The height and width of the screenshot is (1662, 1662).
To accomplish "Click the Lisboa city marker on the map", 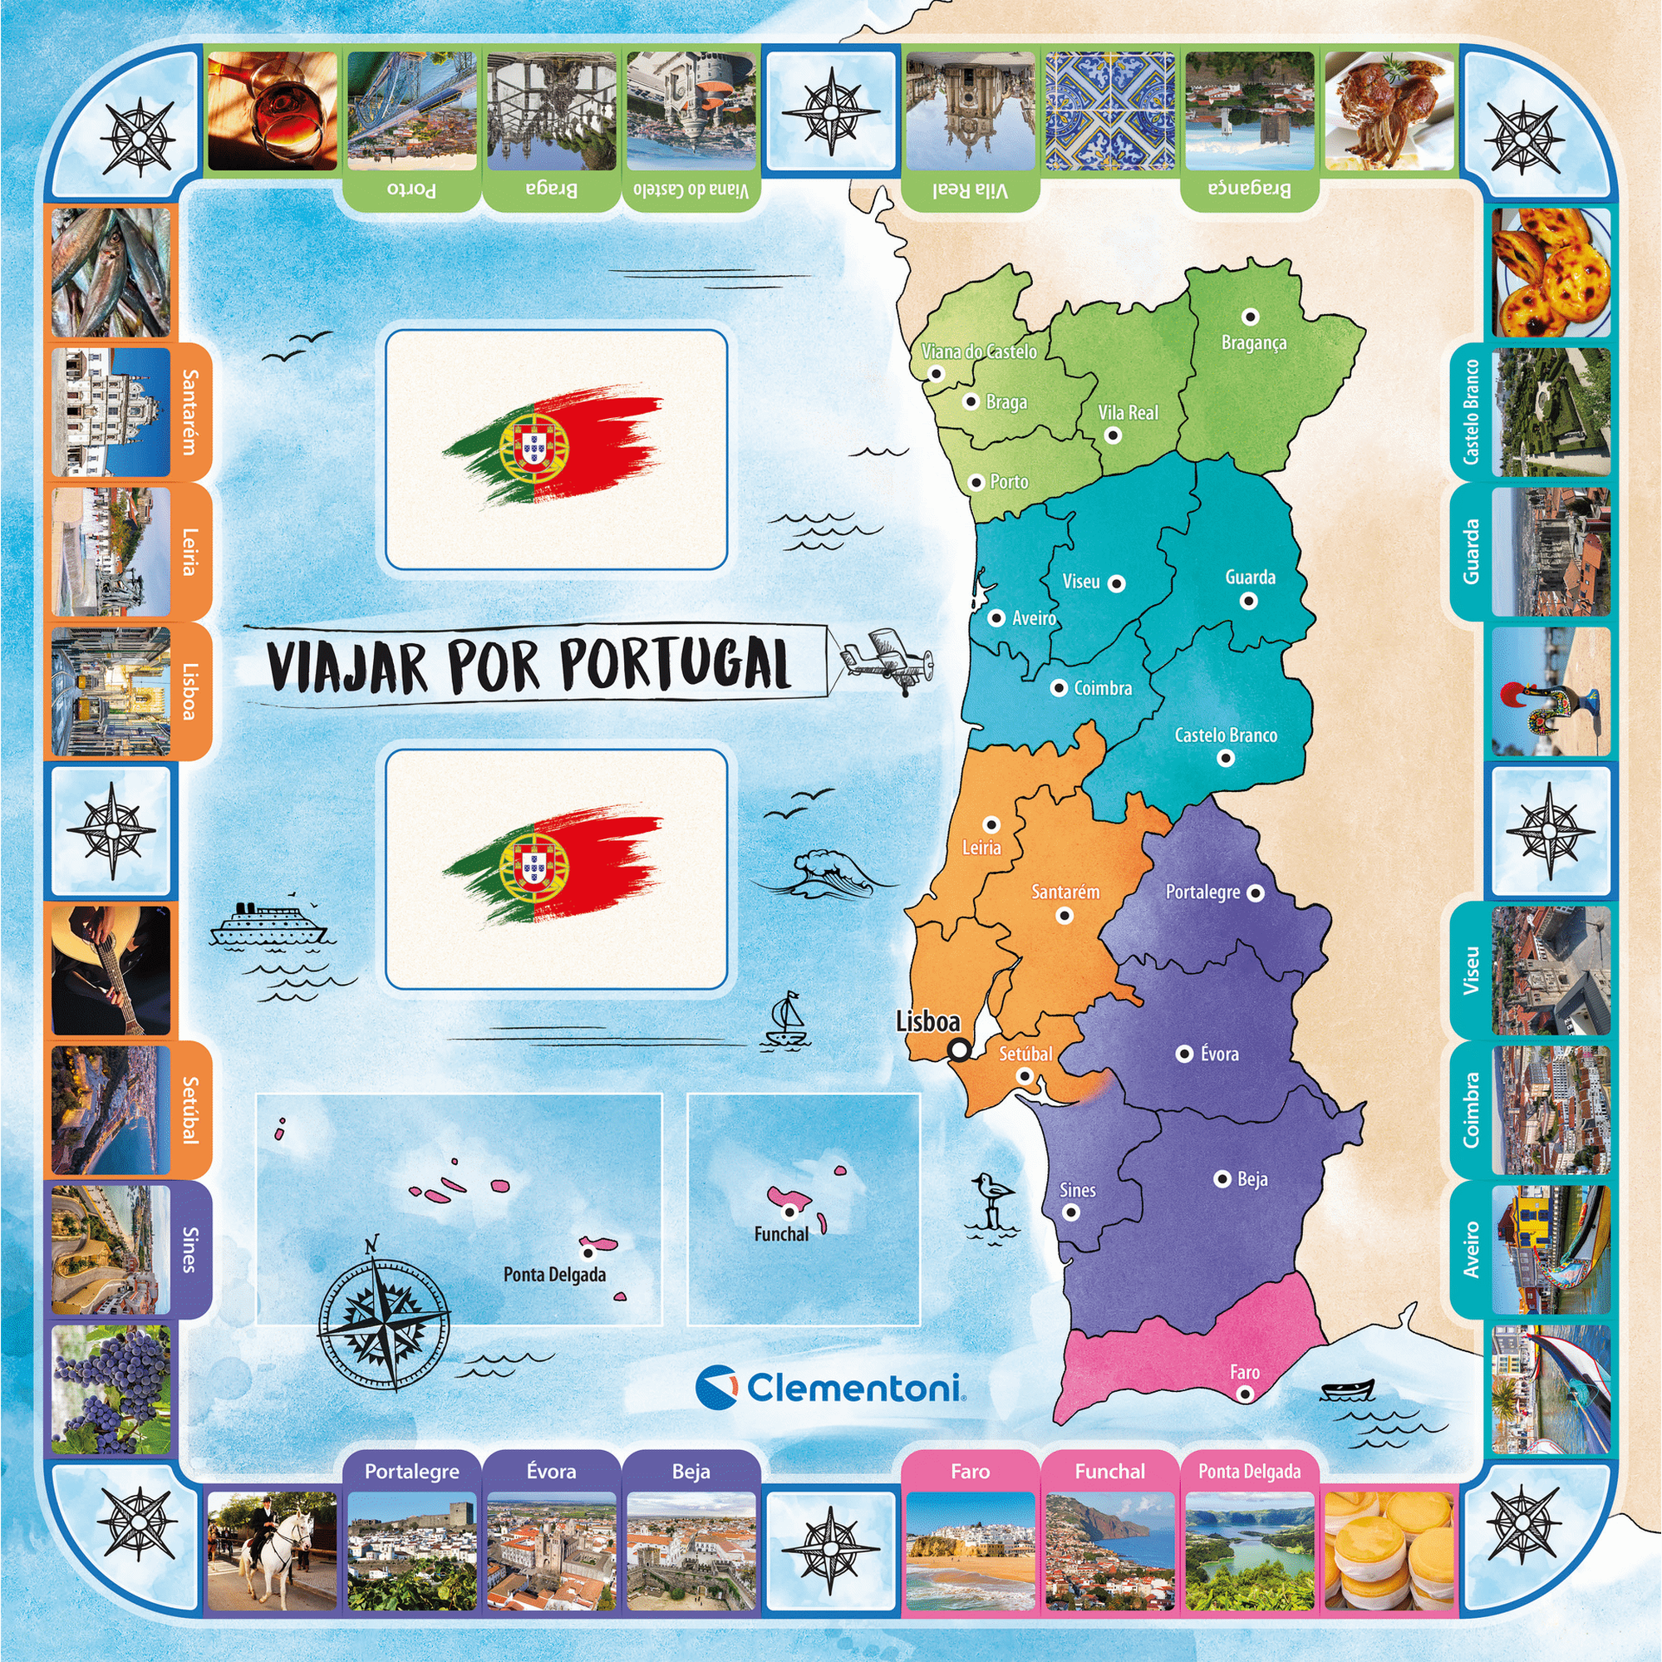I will [958, 1050].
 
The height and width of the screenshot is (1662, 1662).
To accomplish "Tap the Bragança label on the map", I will [1253, 342].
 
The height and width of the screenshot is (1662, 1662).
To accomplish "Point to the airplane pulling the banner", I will [886, 661].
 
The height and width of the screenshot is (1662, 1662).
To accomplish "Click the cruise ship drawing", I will [268, 925].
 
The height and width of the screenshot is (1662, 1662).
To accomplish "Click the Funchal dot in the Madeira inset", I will [789, 1212].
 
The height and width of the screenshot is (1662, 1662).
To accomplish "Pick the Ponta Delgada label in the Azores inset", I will [554, 1274].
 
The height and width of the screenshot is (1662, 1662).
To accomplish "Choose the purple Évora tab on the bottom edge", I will [551, 1472].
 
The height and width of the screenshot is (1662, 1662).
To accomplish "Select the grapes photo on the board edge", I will [111, 1389].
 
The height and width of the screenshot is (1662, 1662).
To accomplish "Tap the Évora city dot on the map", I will [1184, 1053].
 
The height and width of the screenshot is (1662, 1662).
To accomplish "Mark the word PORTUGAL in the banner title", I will [675, 664].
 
